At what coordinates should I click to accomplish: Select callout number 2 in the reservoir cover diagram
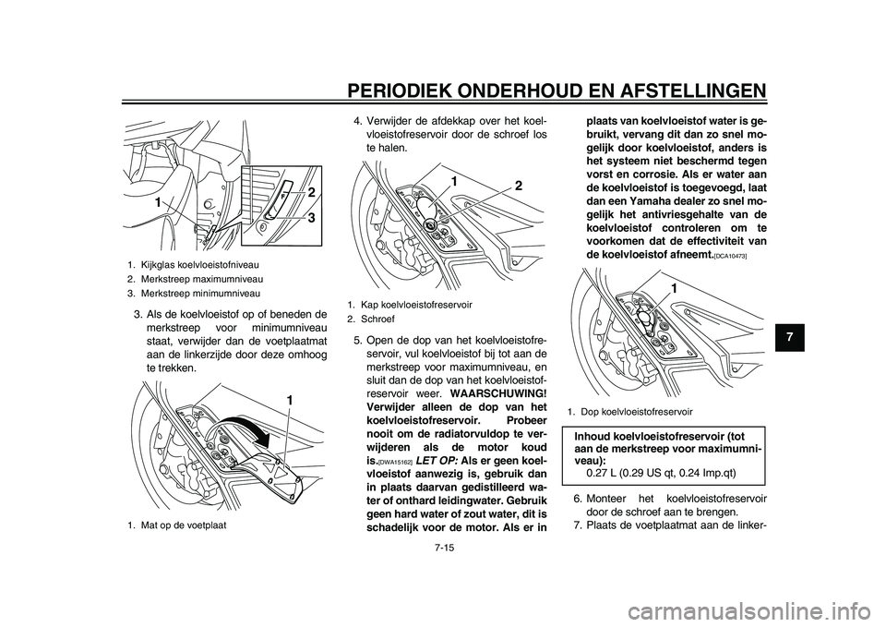(x=518, y=186)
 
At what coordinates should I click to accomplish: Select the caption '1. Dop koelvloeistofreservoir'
(x=630, y=409)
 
